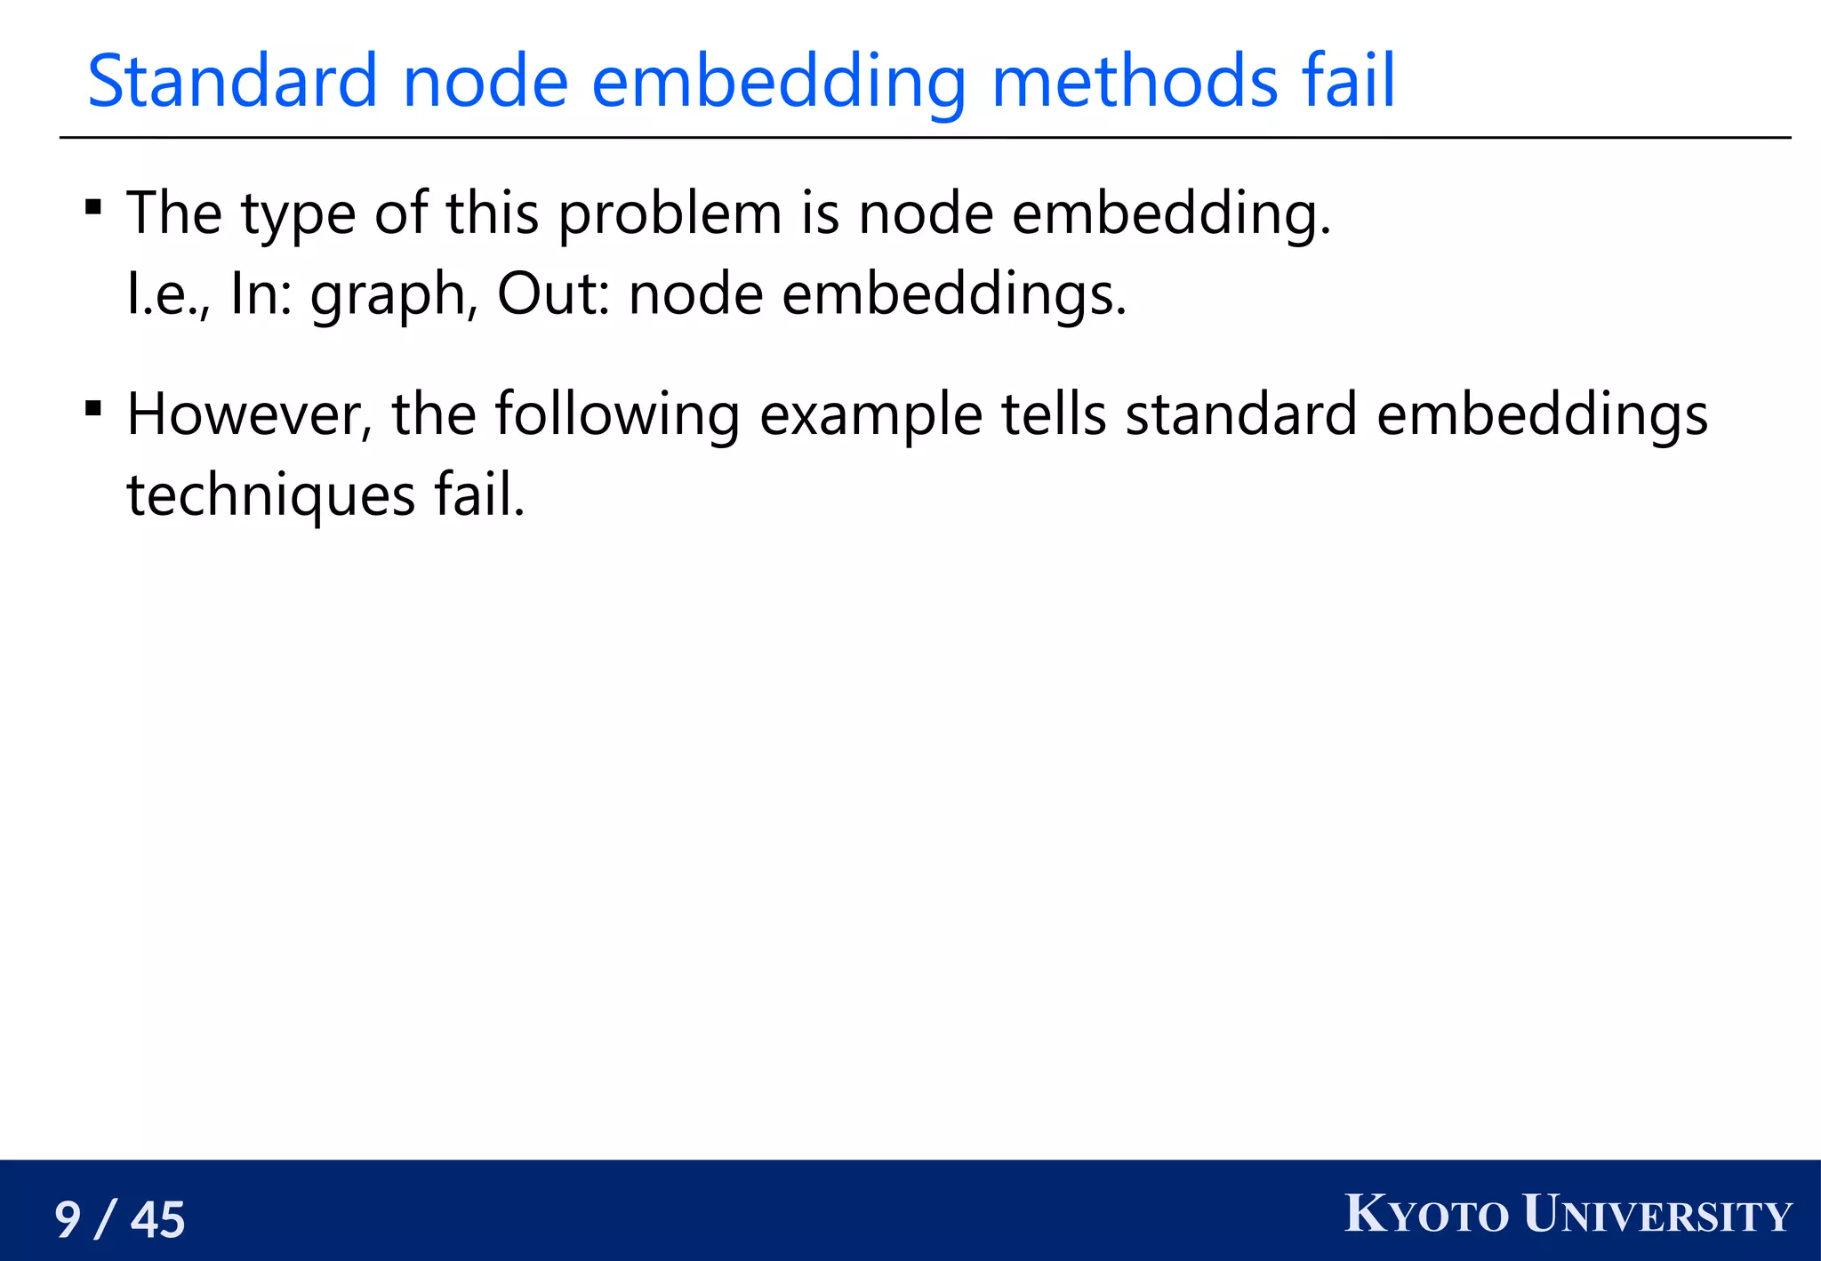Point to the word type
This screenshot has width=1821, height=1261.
tap(298, 214)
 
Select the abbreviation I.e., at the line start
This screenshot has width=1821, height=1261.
tap(169, 294)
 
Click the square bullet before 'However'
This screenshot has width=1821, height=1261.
tap(93, 409)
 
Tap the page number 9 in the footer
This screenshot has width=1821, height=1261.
tap(68, 1219)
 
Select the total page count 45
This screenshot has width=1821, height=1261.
tap(158, 1219)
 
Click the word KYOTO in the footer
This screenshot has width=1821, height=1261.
tap(1426, 1215)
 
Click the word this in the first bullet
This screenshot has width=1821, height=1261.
tap(492, 214)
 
